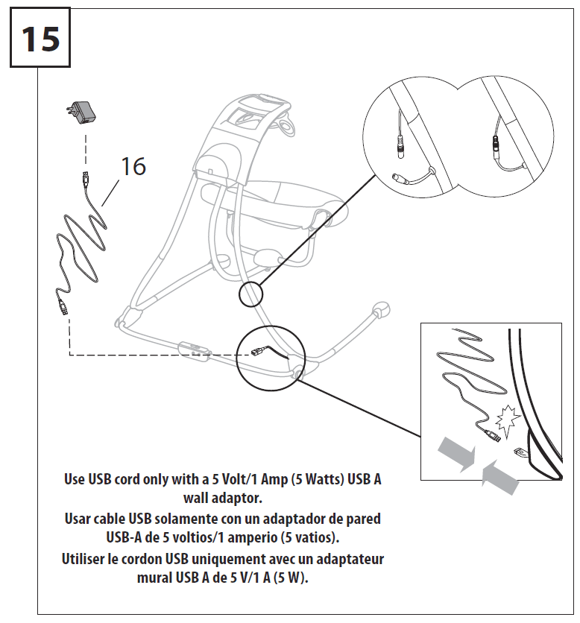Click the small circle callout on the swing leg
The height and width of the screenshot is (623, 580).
(x=251, y=295)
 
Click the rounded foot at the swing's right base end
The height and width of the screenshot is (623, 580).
(x=380, y=308)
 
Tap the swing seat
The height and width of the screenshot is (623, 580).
(x=287, y=201)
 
